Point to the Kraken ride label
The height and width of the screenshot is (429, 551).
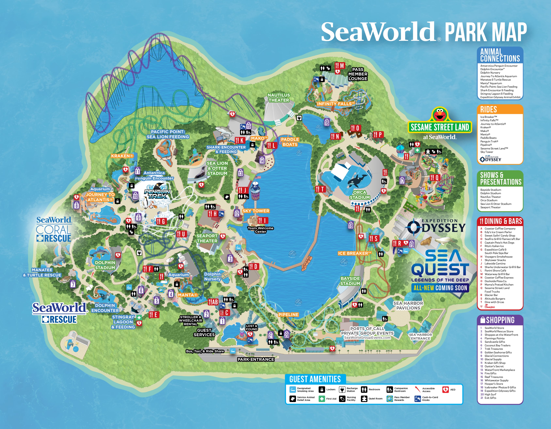coord(122,156)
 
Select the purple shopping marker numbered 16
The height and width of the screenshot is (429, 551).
coord(327,122)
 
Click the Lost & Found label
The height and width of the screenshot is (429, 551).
coord(252,328)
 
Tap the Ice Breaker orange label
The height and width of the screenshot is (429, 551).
coord(354,253)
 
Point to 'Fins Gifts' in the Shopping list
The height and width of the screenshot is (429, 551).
coord(490,373)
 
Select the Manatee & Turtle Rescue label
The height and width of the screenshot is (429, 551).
coord(42,272)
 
